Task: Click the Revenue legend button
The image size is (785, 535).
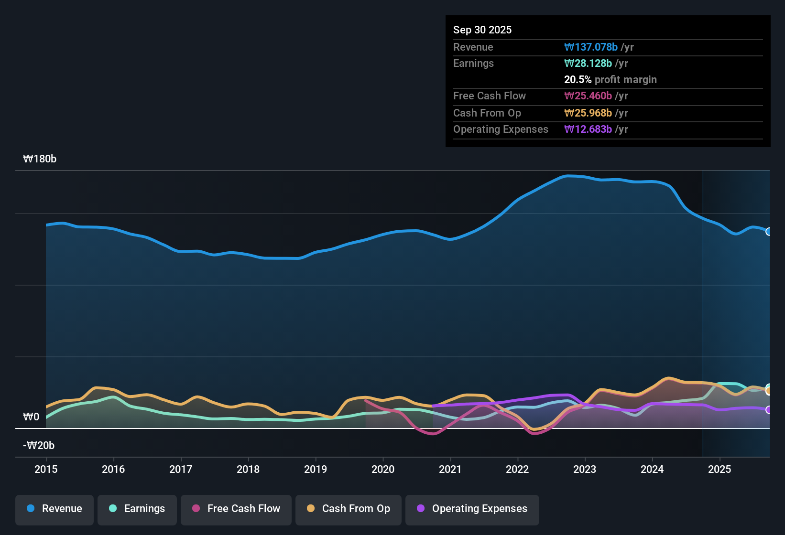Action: pos(55,509)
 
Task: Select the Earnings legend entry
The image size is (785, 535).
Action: pos(137,509)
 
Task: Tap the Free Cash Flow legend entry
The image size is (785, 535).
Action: pos(236,509)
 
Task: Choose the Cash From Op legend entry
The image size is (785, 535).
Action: pos(349,509)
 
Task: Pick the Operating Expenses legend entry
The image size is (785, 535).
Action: pos(472,509)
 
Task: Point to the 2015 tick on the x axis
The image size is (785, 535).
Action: pos(46,469)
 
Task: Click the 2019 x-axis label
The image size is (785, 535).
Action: pos(316,469)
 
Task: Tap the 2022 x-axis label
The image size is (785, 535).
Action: pos(517,469)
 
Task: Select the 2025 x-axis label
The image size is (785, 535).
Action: pos(720,469)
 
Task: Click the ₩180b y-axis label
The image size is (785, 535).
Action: pos(40,159)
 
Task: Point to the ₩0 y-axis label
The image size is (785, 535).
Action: pos(31,417)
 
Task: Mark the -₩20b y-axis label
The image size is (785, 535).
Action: pos(39,446)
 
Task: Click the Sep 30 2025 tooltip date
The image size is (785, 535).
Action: pos(482,30)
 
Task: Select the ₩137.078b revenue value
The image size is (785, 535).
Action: pos(591,47)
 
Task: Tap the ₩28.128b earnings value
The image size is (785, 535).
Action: pos(588,63)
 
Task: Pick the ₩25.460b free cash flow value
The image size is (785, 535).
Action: pos(588,96)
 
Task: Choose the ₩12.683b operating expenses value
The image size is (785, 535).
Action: pos(588,129)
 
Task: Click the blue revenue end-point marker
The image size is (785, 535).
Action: pos(769,232)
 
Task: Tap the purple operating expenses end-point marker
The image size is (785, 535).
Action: pos(769,410)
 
